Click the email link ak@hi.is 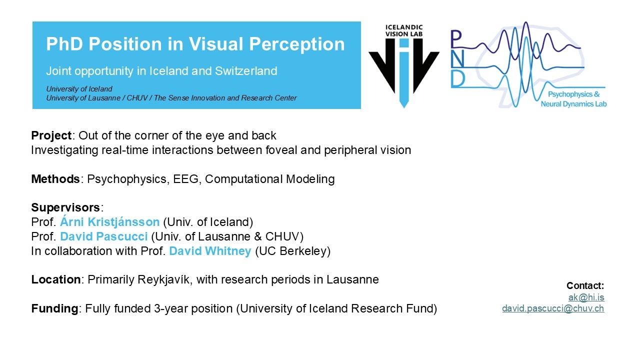click(x=586, y=297)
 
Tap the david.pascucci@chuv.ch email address click(x=553, y=308)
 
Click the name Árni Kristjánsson click(x=109, y=222)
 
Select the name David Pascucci click(x=103, y=236)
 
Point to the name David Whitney click(x=210, y=251)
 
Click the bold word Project click(x=51, y=135)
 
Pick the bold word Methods click(x=55, y=179)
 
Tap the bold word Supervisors click(x=65, y=207)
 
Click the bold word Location click(x=56, y=279)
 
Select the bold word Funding click(x=54, y=308)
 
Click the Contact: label click(x=585, y=285)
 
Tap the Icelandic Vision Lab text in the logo click(x=404, y=30)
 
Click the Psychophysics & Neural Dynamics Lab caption click(x=573, y=99)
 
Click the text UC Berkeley click(x=292, y=251)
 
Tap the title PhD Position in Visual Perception click(x=195, y=44)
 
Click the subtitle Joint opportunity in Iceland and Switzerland click(x=161, y=71)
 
